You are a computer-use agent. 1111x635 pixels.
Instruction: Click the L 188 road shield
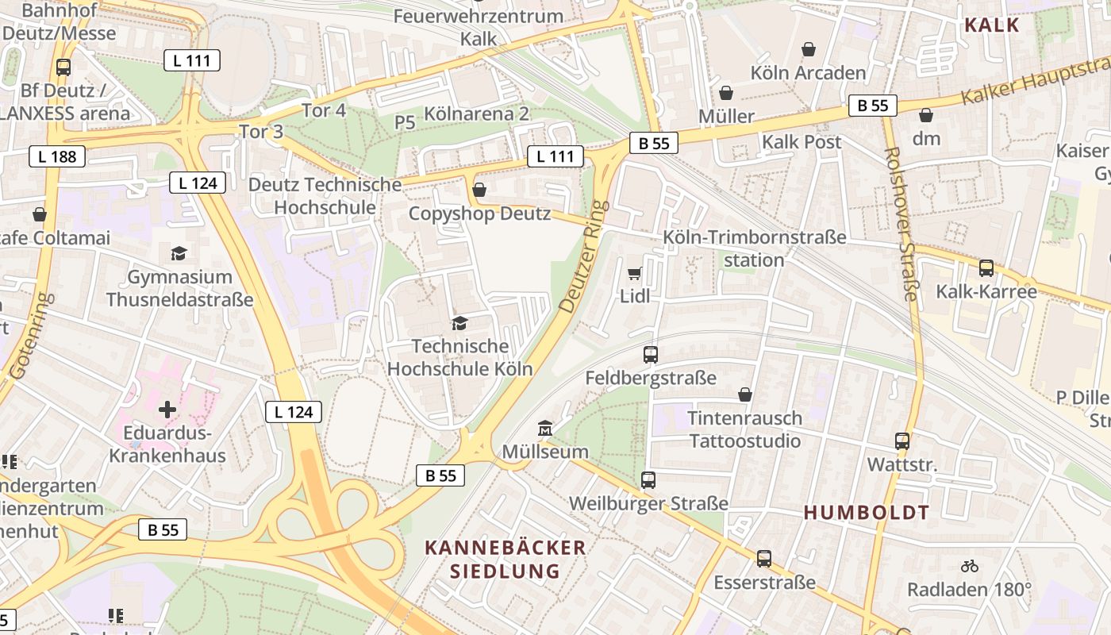[58, 156]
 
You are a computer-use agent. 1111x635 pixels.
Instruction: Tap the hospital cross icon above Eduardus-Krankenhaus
[167, 410]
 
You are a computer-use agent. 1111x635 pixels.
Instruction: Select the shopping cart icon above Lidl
[634, 274]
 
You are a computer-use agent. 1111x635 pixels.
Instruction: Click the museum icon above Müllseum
[545, 429]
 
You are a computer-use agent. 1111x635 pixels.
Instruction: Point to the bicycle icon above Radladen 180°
[969, 566]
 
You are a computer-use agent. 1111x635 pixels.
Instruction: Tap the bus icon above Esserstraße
[764, 559]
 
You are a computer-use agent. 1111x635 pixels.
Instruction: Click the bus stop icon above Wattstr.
[902, 441]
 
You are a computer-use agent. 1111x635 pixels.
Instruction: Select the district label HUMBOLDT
[866, 513]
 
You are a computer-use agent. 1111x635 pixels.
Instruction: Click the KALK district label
[992, 25]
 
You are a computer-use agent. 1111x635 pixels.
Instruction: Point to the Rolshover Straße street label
[901, 224]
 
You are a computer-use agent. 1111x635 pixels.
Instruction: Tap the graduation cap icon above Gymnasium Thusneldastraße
[179, 254]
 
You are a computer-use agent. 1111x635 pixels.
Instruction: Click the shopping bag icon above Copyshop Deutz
[479, 190]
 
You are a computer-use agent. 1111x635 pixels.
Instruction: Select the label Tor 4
[324, 110]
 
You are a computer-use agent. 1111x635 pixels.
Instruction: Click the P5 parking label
[405, 122]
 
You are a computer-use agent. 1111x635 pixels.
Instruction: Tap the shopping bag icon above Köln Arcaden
[809, 50]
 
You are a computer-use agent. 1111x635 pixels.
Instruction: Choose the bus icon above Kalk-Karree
[986, 268]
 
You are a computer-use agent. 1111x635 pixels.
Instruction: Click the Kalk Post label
[802, 142]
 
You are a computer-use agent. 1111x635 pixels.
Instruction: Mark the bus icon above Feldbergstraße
[651, 355]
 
